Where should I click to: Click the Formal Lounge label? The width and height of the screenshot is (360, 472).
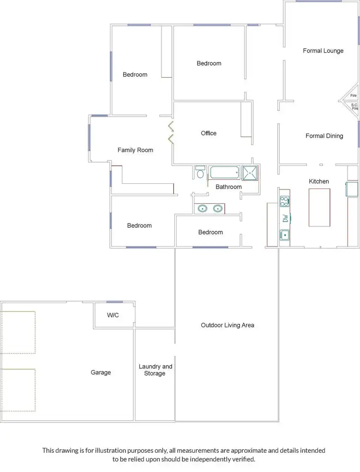(x=323, y=51)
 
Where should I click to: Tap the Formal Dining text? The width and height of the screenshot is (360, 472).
(x=324, y=136)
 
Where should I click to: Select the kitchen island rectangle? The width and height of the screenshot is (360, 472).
(x=319, y=207)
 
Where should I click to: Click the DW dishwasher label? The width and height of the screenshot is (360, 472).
(x=285, y=218)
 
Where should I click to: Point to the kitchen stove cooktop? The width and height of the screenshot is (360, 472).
(x=285, y=201)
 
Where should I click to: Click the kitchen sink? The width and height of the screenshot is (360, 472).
(x=285, y=235)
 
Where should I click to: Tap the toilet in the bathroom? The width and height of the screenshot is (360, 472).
(x=200, y=173)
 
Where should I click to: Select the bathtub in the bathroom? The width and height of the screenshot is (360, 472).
(x=224, y=173)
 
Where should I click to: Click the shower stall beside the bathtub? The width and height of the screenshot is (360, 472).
(x=249, y=173)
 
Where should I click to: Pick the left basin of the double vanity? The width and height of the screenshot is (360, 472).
(x=202, y=209)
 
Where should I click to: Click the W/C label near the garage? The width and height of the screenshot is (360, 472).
(x=113, y=316)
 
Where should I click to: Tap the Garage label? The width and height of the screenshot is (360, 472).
(x=101, y=372)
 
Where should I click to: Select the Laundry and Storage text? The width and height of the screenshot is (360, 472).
(x=155, y=370)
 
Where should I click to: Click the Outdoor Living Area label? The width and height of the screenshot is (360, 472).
(x=227, y=325)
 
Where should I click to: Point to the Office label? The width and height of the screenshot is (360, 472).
(x=209, y=133)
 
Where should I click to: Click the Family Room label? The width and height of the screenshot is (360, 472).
(x=135, y=150)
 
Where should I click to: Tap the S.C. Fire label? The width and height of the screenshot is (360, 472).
(x=355, y=106)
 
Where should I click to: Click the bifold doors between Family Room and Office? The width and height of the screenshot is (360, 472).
(x=170, y=133)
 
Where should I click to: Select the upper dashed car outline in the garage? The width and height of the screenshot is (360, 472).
(x=18, y=332)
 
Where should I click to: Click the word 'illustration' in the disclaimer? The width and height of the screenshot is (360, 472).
(x=120, y=450)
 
